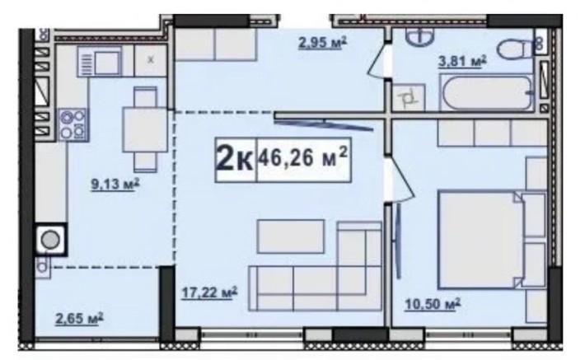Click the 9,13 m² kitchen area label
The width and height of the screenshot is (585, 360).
[115, 184]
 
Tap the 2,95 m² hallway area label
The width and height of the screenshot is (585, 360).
[322, 42]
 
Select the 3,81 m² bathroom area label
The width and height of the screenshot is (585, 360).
[462, 61]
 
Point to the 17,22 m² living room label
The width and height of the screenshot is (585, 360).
[209, 292]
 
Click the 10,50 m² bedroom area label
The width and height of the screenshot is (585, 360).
[433, 304]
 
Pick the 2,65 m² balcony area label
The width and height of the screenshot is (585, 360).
[79, 319]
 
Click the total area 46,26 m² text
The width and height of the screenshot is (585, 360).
[303, 158]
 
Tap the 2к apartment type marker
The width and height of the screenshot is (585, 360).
[235, 159]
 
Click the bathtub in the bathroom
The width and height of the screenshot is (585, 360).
[487, 92]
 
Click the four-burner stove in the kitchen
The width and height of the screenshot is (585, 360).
[73, 125]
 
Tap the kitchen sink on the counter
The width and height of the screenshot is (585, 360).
[100, 62]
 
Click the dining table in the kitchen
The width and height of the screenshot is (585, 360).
[145, 129]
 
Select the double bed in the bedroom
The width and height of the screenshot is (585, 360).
[493, 240]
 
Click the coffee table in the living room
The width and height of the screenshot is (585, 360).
[291, 236]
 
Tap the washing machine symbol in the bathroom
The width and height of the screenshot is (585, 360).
[409, 97]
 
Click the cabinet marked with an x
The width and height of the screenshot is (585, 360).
[151, 60]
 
